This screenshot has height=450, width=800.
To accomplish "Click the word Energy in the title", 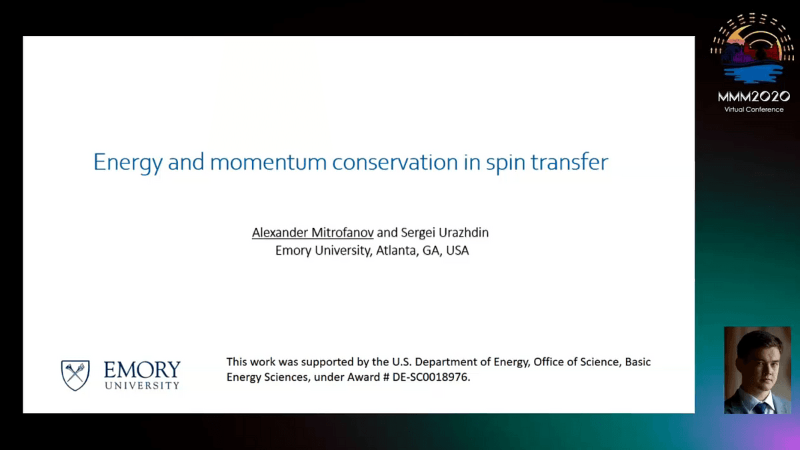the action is pos(128,163).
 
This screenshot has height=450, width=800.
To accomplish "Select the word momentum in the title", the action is pos(268,163).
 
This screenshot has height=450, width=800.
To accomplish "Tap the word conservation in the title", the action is pos(395,162).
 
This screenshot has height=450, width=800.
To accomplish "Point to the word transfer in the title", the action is pos(569,162).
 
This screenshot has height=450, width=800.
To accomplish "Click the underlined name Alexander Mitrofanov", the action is pos(313,233).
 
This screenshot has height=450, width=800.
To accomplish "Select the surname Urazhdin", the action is pos(463,233).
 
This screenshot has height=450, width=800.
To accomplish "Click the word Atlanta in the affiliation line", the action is pos(396,251).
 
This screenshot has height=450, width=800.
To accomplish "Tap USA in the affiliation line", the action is pos(457,251).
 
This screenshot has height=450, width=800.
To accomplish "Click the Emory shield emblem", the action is pos(75,375).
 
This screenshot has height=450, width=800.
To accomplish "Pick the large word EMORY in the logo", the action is pos(142,369).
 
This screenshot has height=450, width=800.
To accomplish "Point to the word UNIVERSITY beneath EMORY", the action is pos(142,386).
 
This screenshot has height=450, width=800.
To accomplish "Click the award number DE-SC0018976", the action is pos(431,377).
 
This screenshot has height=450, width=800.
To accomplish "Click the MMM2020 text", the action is pos(754,97).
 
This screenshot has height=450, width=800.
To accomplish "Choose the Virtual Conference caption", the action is pos(754,109).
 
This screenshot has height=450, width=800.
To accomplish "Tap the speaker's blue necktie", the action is pos(761,408).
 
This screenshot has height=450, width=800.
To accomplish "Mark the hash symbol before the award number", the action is pos(386,377).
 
